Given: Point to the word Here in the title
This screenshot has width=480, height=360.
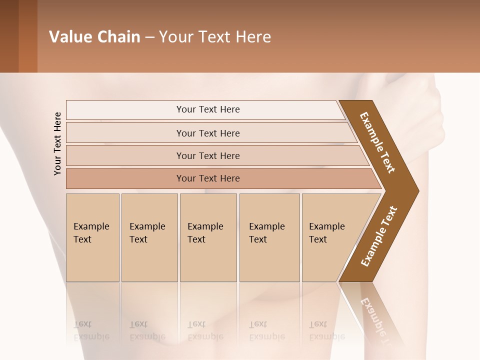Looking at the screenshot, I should tap(253, 37).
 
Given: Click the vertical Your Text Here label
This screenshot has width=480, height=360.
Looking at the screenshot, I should tap(57, 143).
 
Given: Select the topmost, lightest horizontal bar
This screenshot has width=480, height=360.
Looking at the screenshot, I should tap(208, 109).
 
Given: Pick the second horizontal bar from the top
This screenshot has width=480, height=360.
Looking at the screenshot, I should tap(208, 133).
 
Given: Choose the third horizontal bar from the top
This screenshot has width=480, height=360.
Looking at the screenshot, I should tap(208, 155).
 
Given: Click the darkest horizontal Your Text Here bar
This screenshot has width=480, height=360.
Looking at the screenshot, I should tap(208, 178).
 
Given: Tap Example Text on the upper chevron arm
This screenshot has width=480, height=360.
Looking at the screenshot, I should tap(377, 142).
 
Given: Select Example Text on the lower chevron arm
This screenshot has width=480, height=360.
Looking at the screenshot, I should tap(378, 236).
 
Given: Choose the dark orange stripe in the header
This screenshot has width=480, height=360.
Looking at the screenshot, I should tap(27, 36).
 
